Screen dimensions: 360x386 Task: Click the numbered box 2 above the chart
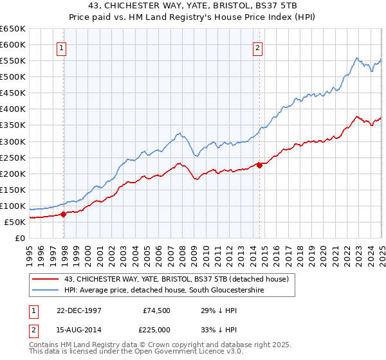(257, 47)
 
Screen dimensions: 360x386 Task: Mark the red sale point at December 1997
(64, 215)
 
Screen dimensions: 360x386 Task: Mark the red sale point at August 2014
(259, 165)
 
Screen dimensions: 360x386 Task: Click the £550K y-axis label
(13, 61)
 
